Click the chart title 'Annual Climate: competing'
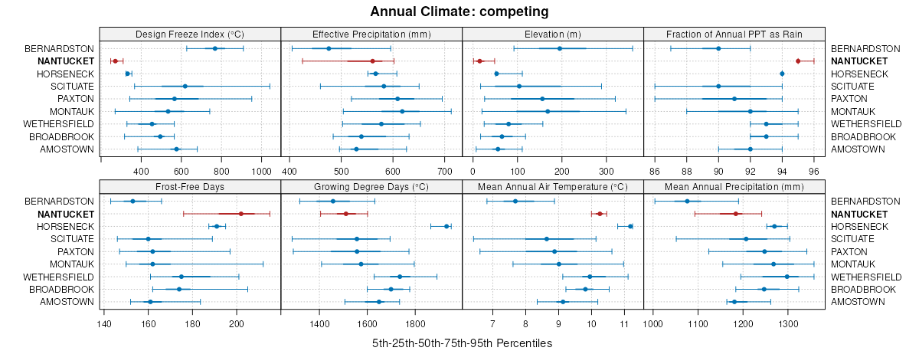(x=459, y=11)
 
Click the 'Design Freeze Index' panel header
(x=190, y=34)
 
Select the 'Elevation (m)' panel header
(x=552, y=34)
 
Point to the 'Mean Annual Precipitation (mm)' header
(x=734, y=186)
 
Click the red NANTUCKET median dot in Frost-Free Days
(x=240, y=214)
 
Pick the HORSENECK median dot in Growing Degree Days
(x=446, y=226)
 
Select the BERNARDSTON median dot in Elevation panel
(x=560, y=48)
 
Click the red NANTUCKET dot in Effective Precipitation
(x=373, y=61)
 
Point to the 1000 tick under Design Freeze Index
(x=261, y=171)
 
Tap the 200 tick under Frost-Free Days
(x=236, y=323)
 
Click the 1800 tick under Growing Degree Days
(x=415, y=323)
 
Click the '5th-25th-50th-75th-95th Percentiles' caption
(x=462, y=343)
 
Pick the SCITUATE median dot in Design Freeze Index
(x=185, y=86)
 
